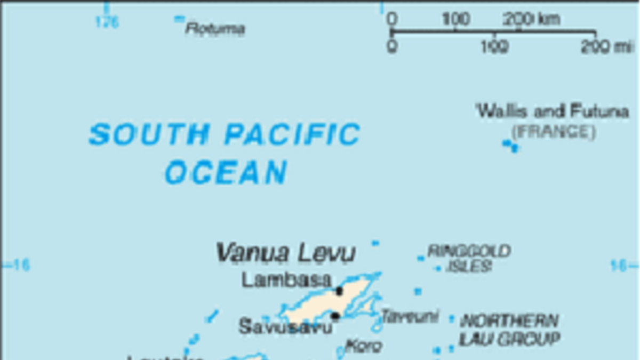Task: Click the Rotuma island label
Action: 215,29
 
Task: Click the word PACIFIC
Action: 292,134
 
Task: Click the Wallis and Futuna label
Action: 553,112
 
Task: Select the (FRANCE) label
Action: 553,131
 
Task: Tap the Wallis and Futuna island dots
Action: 510,145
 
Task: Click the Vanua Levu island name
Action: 285,253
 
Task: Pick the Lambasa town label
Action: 286,279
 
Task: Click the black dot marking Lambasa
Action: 339,291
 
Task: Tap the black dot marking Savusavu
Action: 335,316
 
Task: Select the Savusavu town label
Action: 285,326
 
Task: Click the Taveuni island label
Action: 410,317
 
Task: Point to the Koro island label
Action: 364,346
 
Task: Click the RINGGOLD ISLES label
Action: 469,258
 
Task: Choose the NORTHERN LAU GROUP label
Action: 509,330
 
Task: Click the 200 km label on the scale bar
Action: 531,20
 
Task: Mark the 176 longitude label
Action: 107,23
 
